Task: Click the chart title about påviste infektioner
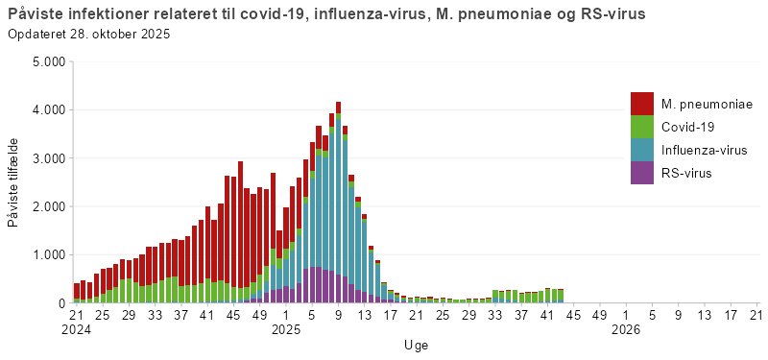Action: [x=325, y=14]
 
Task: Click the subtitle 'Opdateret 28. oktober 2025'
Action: [x=88, y=35]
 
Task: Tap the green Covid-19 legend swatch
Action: [x=641, y=127]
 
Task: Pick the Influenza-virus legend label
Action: [x=704, y=150]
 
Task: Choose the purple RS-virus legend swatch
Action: [x=641, y=173]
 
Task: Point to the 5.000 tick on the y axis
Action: [x=48, y=61]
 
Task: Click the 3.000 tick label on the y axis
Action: [x=48, y=158]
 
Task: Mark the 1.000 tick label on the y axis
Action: [x=48, y=255]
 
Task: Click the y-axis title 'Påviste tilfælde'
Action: [x=13, y=182]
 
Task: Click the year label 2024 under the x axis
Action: [x=77, y=329]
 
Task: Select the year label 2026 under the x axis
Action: [x=625, y=329]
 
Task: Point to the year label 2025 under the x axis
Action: [x=286, y=329]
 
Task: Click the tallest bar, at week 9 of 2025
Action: [x=338, y=202]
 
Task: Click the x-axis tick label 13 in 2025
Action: [x=364, y=314]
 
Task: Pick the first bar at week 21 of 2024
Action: [x=77, y=293]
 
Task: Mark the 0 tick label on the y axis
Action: [x=60, y=303]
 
